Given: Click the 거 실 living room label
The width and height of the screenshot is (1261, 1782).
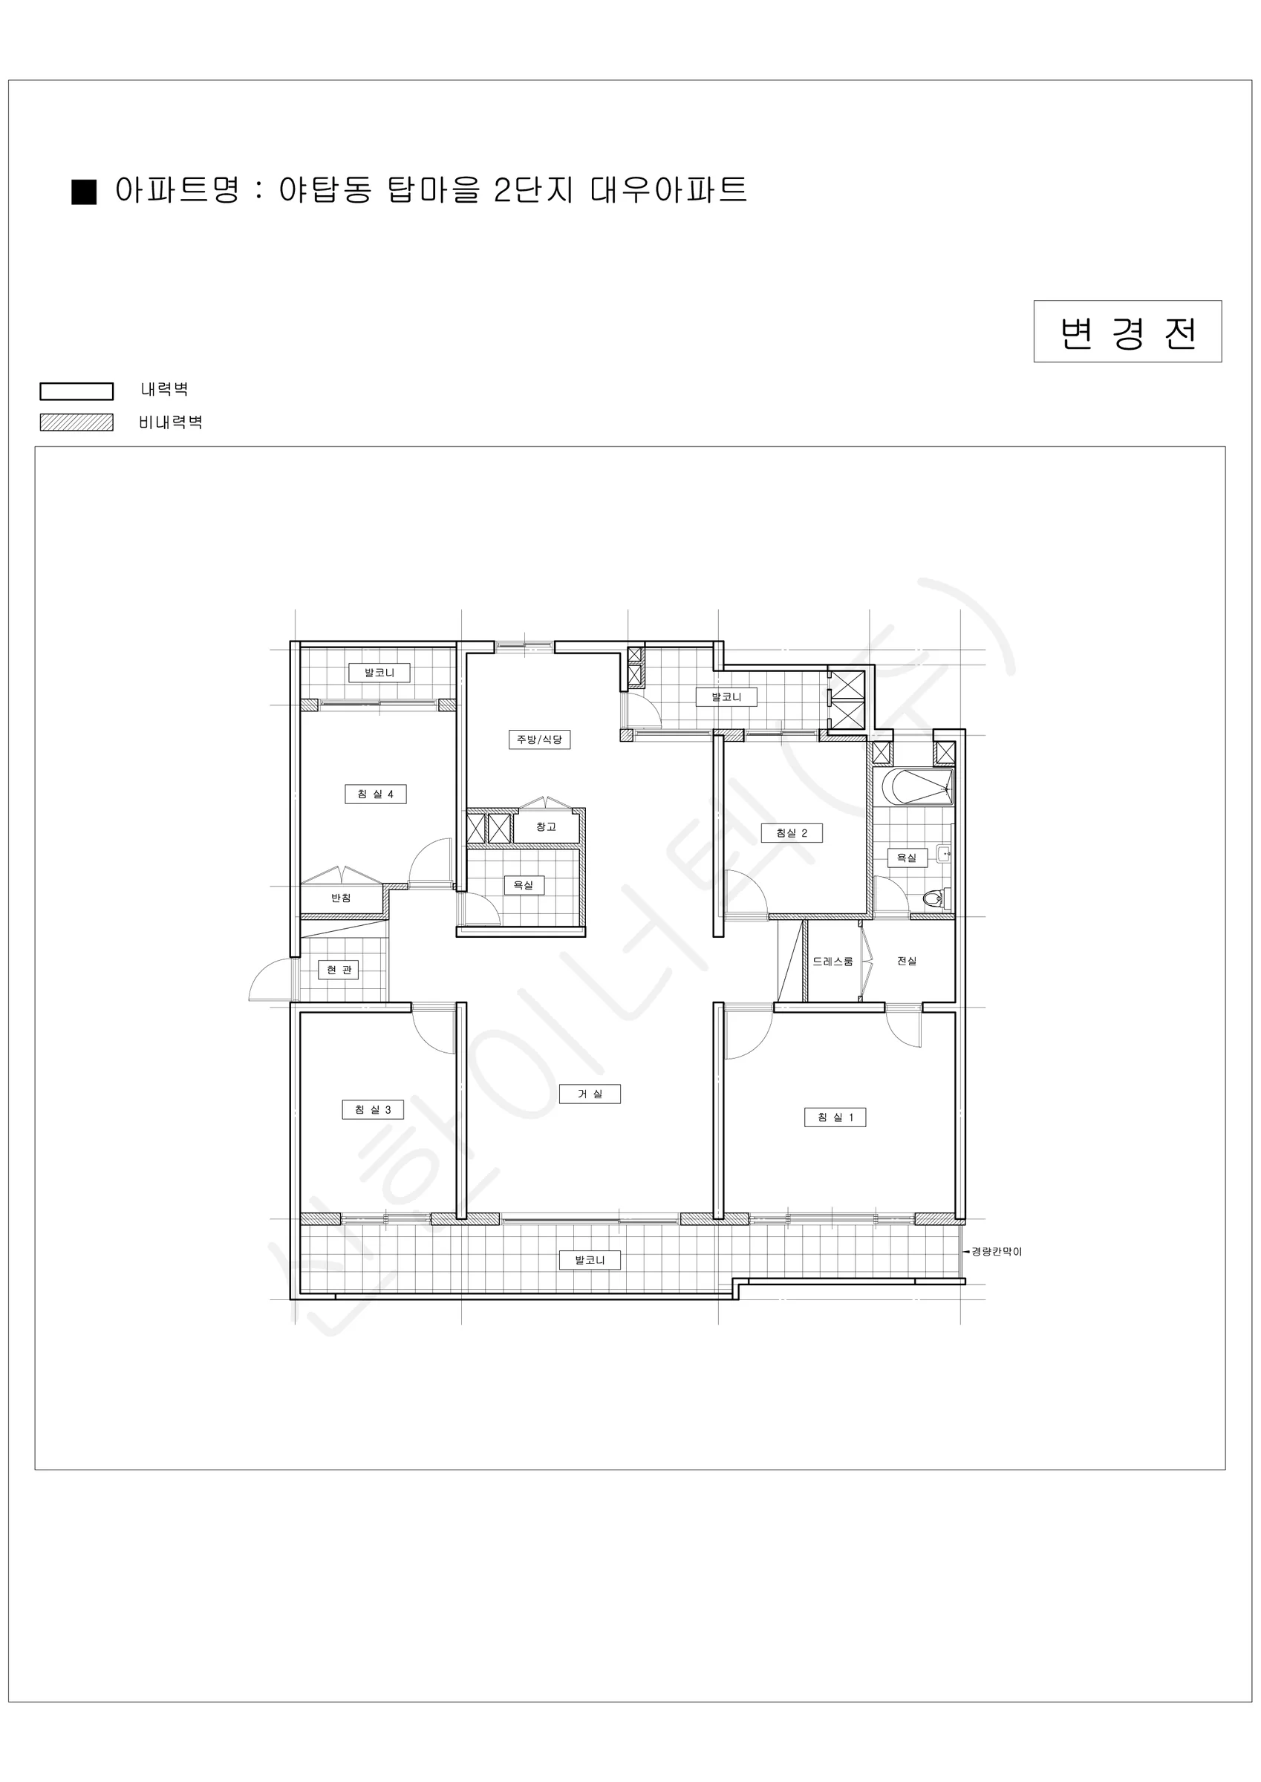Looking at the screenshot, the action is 590,1094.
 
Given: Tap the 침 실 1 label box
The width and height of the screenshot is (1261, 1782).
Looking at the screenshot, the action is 835,1117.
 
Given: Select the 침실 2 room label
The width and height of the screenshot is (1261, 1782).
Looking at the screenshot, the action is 791,833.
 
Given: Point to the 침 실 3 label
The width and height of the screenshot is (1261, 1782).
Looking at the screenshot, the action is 373,1109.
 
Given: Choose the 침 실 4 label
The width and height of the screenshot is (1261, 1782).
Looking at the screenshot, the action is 375,794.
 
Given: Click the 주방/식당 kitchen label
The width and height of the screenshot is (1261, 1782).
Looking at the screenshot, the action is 540,739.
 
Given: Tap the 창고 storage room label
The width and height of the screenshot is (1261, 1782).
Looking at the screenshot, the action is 546,826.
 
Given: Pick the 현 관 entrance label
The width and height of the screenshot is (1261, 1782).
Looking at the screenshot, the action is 339,970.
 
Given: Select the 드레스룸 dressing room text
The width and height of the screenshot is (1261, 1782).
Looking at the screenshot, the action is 832,961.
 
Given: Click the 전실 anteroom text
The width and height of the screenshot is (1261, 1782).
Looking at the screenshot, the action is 907,961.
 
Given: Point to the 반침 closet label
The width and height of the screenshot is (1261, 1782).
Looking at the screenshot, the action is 341,898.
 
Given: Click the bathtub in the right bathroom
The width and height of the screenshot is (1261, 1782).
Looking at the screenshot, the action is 916,787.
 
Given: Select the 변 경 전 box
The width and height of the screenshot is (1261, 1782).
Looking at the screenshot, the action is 1127,331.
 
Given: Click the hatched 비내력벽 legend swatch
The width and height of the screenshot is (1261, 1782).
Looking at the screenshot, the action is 76,422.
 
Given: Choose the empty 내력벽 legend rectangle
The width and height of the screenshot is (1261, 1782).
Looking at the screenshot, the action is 76,391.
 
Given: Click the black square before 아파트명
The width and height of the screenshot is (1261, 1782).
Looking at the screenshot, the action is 84,192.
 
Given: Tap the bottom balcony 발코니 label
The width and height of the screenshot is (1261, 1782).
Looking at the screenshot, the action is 590,1260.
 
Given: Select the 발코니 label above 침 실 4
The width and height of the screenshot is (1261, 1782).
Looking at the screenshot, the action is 379,672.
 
